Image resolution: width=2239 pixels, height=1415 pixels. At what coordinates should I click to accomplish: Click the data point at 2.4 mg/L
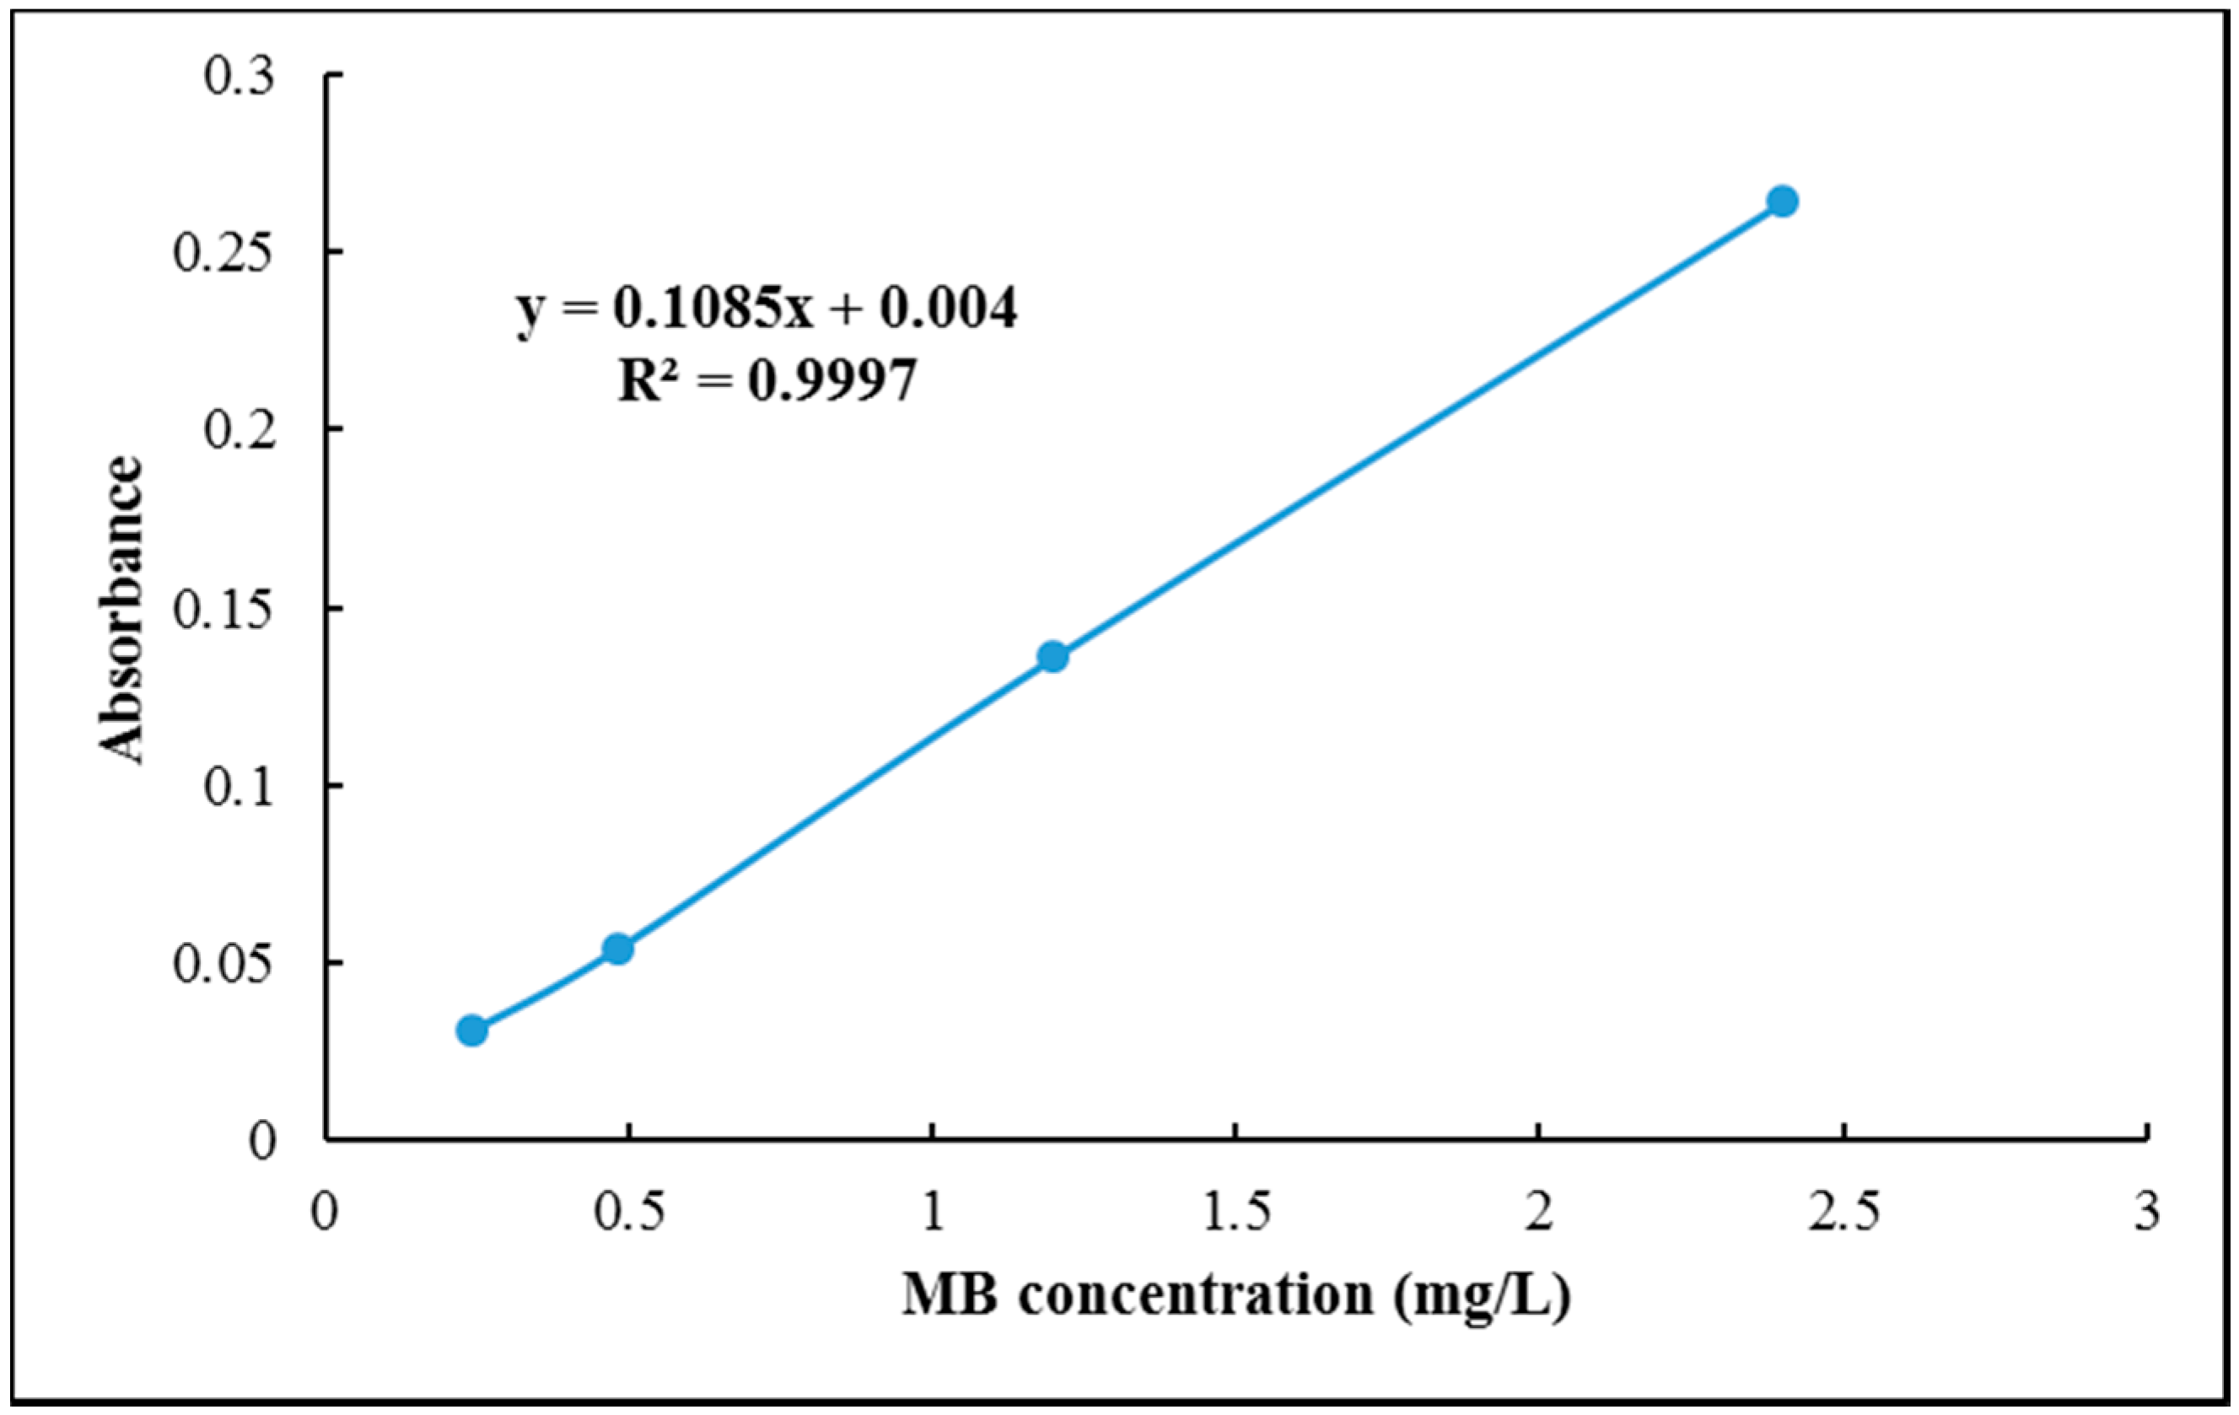[1782, 201]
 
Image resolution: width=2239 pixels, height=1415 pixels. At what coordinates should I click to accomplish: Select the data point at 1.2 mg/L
[1052, 656]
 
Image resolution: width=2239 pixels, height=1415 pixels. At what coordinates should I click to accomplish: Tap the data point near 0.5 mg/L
[618, 950]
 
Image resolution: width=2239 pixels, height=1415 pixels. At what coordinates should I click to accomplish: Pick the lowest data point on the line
[472, 1030]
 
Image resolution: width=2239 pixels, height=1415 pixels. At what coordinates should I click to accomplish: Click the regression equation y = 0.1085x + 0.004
[767, 309]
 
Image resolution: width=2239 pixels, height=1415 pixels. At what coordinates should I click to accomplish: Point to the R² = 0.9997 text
[767, 379]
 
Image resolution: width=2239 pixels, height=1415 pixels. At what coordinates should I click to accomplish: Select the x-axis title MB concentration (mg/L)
[1235, 1294]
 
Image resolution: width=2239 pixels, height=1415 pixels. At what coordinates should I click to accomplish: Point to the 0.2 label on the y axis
[240, 430]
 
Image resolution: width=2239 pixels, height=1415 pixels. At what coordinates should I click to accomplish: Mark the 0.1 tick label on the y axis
[240, 787]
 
